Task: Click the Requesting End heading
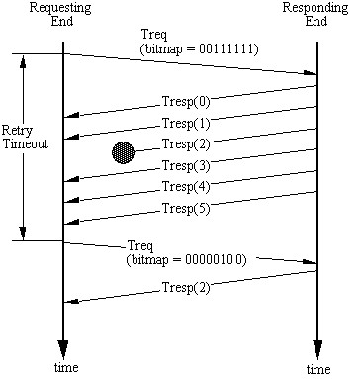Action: point(60,14)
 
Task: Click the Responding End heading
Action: point(315,14)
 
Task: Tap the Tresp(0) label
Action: point(186,102)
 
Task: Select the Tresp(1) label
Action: point(186,124)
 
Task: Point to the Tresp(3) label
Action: point(186,165)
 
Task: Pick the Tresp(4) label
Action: point(186,187)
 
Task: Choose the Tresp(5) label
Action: point(186,209)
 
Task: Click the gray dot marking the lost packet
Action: point(124,152)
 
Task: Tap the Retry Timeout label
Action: point(25,137)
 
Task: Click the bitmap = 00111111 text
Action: point(200,49)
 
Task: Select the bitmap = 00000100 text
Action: point(186,260)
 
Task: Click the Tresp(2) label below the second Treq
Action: point(186,288)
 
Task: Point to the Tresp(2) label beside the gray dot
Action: point(186,144)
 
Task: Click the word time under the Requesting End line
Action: point(66,367)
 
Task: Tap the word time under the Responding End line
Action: point(318,369)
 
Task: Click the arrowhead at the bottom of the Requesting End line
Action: point(63,349)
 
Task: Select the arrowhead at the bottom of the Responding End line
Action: point(317,349)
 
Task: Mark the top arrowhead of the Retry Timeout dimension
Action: point(23,60)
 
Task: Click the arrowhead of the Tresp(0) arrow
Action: point(71,115)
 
